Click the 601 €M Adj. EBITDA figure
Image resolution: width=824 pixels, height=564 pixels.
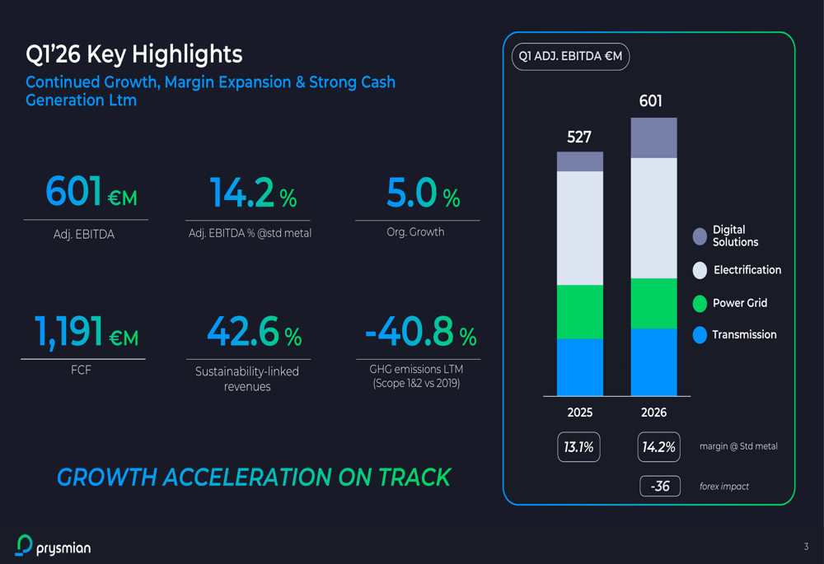click(91, 192)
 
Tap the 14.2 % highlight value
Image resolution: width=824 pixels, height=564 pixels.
click(252, 193)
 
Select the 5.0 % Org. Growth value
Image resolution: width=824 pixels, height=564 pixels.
click(423, 193)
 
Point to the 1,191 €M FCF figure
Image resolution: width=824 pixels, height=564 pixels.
click(86, 332)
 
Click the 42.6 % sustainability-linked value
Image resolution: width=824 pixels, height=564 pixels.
click(254, 332)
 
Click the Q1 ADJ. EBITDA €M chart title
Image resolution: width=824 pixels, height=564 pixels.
click(570, 57)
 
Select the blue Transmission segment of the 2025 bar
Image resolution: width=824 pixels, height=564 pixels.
click(579, 367)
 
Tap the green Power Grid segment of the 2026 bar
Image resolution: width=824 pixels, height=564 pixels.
click(653, 304)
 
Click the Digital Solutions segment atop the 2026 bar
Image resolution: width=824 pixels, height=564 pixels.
click(653, 138)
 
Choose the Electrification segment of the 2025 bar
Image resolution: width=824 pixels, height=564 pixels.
click(579, 228)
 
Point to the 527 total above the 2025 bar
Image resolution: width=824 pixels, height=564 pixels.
click(579, 137)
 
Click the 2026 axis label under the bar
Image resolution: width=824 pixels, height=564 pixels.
click(653, 413)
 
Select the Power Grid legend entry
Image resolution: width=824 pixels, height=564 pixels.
click(739, 303)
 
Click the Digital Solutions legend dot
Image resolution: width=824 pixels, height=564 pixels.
click(700, 236)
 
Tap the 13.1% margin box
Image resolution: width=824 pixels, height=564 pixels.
click(578, 447)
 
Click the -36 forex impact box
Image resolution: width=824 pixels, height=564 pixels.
click(660, 486)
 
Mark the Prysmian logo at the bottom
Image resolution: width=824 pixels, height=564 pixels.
click(54, 545)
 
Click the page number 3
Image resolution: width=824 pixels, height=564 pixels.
click(806, 547)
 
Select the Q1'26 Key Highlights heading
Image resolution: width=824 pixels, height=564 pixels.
click(133, 54)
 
